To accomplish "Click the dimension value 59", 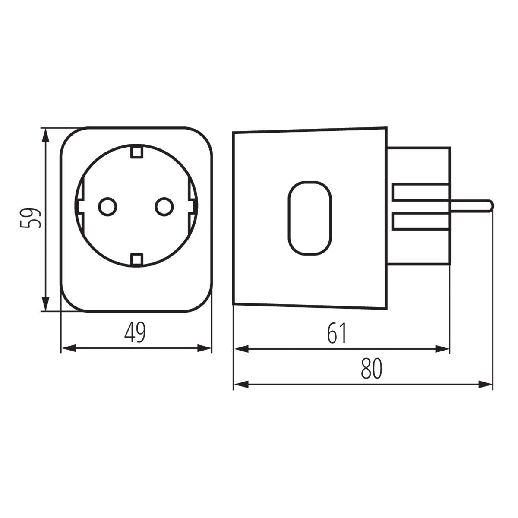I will point(32,218).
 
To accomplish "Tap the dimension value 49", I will point(135,333).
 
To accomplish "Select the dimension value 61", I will point(337,333).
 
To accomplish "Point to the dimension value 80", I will point(371,368).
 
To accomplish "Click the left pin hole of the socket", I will point(107,207).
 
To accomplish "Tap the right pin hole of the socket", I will point(164,207).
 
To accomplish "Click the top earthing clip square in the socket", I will point(136,152).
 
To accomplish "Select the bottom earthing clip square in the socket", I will point(136,259).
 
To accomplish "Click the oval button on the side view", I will point(310,218).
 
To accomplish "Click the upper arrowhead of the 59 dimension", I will point(45,136).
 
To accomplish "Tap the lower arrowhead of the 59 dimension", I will point(45,302).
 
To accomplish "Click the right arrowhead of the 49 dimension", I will point(204,348).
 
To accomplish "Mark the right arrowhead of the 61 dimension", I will point(442,348).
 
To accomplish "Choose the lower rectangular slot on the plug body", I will point(421,221).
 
